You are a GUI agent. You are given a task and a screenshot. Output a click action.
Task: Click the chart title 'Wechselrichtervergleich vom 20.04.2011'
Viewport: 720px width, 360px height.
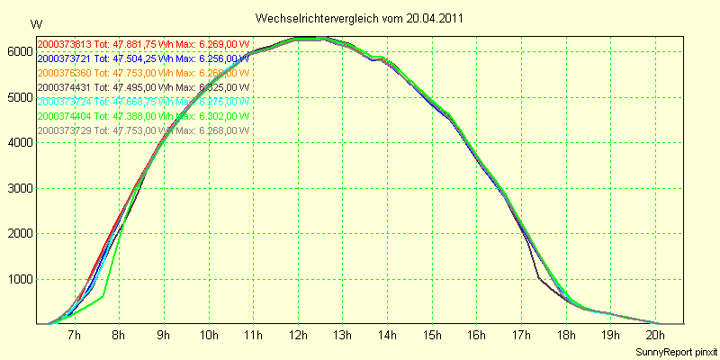point(360,18)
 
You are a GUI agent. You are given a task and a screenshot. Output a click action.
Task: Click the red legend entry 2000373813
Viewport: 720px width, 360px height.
point(143,43)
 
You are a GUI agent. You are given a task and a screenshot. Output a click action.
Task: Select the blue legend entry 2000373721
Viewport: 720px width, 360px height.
point(143,58)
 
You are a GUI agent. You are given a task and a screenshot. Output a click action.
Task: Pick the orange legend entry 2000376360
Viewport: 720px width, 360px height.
point(143,72)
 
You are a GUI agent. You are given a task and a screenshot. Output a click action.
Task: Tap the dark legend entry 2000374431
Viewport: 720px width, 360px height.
point(143,87)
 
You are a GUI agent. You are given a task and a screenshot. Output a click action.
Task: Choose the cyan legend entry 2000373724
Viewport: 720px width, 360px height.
point(143,102)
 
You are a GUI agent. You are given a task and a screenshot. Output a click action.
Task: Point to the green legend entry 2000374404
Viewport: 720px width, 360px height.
point(143,116)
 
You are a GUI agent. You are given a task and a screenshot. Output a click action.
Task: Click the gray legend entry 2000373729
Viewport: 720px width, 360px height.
point(143,130)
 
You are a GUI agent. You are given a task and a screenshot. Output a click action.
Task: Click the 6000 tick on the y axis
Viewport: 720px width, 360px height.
point(18,52)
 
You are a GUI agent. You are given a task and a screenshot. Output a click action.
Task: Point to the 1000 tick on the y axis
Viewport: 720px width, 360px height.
point(18,280)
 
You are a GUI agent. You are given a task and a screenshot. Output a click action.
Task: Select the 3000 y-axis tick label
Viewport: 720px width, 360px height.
point(18,189)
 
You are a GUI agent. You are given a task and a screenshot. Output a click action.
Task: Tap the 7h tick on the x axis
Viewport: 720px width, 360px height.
point(75,336)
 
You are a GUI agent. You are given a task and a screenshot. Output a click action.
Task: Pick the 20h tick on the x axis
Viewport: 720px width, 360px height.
point(656,336)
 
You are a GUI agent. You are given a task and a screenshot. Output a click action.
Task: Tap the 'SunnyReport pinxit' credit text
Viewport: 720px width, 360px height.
point(674,351)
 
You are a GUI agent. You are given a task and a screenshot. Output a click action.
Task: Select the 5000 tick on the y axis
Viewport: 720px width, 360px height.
point(18,98)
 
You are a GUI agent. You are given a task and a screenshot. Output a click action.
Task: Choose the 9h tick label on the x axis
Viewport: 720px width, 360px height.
point(164,336)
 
